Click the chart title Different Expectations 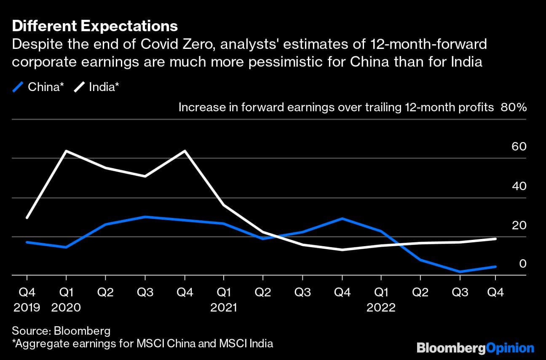(95, 26)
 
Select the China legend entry (40, 87)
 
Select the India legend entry (98, 87)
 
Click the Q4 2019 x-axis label (27, 300)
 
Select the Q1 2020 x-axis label (66, 300)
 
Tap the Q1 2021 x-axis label (223, 300)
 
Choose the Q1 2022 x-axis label (381, 300)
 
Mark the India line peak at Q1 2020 (66, 151)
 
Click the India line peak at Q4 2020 (185, 150)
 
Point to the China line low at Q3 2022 (460, 271)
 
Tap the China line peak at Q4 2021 (342, 218)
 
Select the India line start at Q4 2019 (27, 218)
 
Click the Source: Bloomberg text (61, 330)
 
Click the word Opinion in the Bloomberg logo (510, 348)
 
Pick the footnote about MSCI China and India (142, 343)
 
